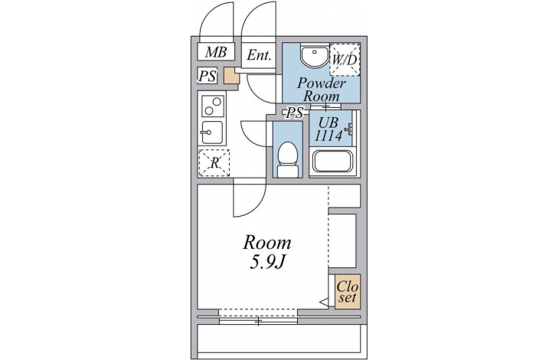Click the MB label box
[216, 52]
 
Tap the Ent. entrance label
[259, 55]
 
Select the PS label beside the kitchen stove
[208, 76]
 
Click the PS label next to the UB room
[295, 113]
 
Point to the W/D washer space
[345, 59]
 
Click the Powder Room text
[321, 90]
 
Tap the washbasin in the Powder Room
[314, 55]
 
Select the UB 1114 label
[329, 129]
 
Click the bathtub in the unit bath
[332, 161]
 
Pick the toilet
[287, 159]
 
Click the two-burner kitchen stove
[213, 106]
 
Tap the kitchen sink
[212, 133]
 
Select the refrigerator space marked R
[214, 163]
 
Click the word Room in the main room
[267, 243]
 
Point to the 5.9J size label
[267, 263]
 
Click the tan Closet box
[347, 292]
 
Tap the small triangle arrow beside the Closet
[325, 303]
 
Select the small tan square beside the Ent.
[230, 76]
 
